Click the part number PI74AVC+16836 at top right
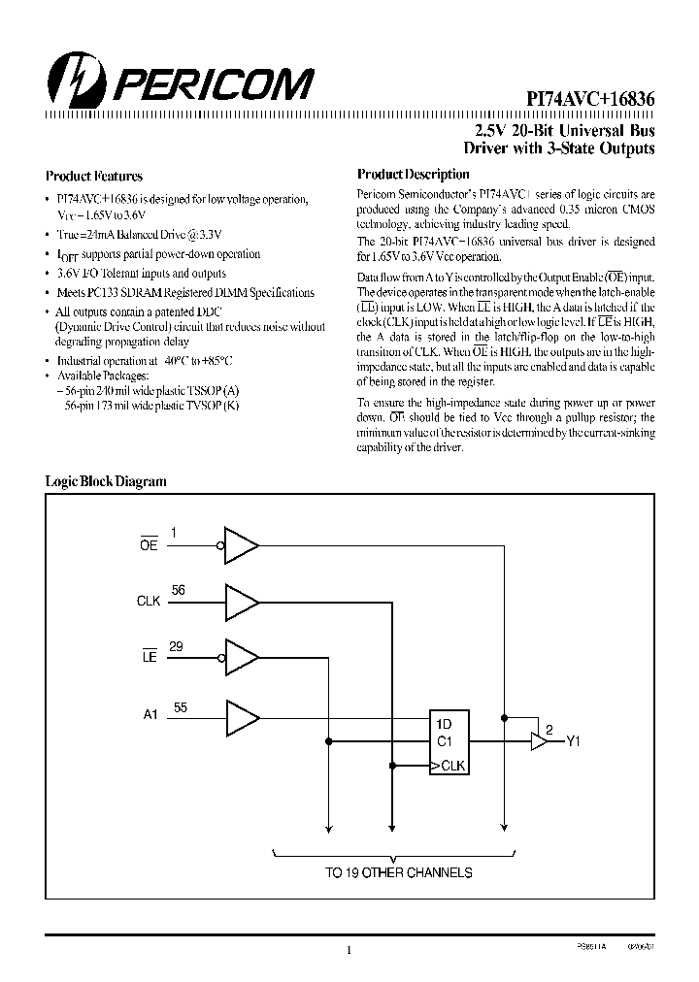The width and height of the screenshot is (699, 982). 590,99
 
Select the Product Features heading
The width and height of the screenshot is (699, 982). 94,177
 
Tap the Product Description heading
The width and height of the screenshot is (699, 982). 413,175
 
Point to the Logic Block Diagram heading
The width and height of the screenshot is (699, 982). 107,481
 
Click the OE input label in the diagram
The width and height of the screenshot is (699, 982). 149,546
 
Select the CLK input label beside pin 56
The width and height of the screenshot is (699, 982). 149,602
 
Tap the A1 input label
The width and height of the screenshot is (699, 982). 150,715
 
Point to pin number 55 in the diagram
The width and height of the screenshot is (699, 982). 181,707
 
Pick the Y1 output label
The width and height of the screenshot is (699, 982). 573,742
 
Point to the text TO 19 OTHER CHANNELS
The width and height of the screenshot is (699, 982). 398,872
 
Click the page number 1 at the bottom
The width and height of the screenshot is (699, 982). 349,950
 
